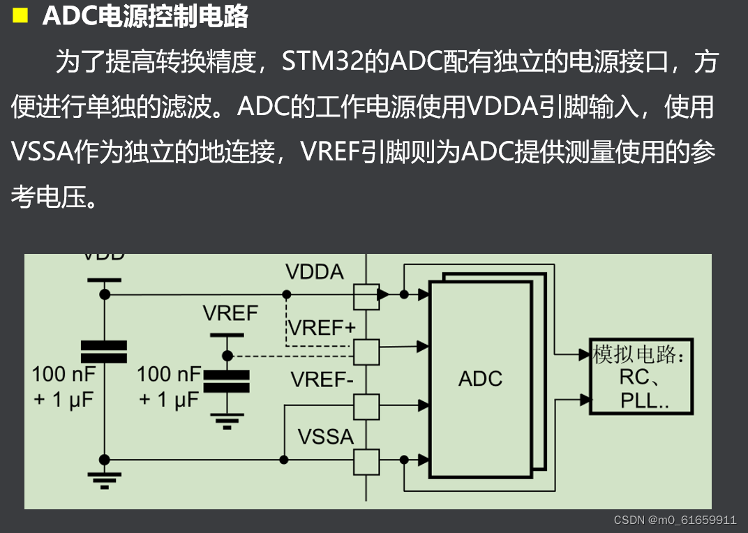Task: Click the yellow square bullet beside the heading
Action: pos(20,15)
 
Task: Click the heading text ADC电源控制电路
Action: pos(145,16)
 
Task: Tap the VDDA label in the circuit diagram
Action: pos(315,273)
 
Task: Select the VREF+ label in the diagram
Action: pos(322,327)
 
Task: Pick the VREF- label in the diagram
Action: pos(322,380)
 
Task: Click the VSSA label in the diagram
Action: pos(325,437)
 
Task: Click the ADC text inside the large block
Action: pos(480,379)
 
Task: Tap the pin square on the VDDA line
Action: pos(366,295)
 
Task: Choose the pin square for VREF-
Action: pos(366,405)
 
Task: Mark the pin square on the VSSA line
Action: pos(366,460)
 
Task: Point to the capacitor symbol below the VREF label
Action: pos(225,381)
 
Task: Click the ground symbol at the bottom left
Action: pos(104,479)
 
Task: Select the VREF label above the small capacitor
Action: pos(230,313)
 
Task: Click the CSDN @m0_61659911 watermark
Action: pos(675,520)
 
